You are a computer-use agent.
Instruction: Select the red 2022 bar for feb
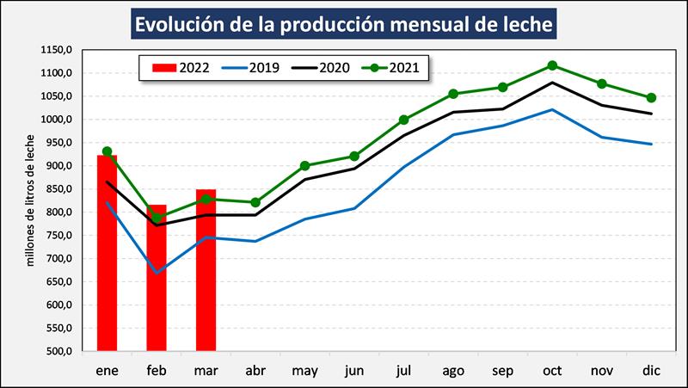tap(157, 280)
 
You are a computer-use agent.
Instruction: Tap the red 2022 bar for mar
tap(206, 271)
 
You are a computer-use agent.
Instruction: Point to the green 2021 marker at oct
tap(552, 65)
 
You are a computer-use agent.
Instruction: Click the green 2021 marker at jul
tap(403, 120)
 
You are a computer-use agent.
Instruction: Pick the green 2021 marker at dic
tap(651, 98)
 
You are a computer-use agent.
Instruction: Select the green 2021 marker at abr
tap(255, 202)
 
